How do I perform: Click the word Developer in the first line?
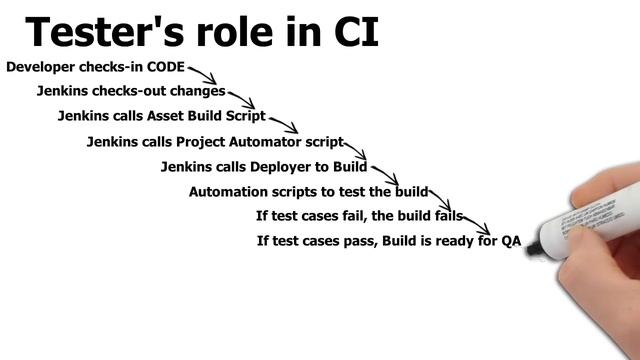[x=41, y=67]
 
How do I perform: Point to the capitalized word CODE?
[x=166, y=67]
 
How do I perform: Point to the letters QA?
[x=511, y=241]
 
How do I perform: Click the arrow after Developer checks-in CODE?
[x=203, y=76]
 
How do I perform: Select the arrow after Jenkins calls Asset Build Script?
[x=283, y=124]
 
